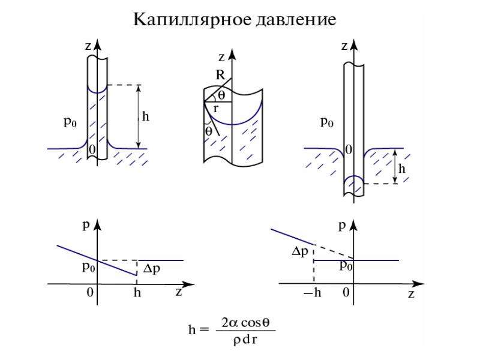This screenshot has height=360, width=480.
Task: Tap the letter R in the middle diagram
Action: (220, 74)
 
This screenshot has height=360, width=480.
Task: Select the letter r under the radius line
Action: (216, 109)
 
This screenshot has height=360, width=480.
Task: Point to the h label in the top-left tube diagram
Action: (146, 116)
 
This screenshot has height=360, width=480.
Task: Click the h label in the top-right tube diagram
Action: (402, 169)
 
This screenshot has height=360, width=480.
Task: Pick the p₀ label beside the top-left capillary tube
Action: (70, 122)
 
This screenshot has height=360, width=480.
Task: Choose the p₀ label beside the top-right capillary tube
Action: (326, 122)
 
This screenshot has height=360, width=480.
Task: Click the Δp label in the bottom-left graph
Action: (152, 268)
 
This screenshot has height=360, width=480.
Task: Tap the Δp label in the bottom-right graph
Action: (299, 251)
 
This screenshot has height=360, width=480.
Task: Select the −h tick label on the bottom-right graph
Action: (312, 293)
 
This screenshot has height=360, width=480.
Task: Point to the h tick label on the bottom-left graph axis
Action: (137, 293)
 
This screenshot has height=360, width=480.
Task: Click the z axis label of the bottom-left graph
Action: (179, 292)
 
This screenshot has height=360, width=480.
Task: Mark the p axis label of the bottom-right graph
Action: (342, 226)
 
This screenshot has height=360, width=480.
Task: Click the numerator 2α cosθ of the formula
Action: (245, 323)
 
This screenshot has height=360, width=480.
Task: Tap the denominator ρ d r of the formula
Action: (245, 340)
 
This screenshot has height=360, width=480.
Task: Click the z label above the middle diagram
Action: (221, 57)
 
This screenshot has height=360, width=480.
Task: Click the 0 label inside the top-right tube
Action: (349, 149)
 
